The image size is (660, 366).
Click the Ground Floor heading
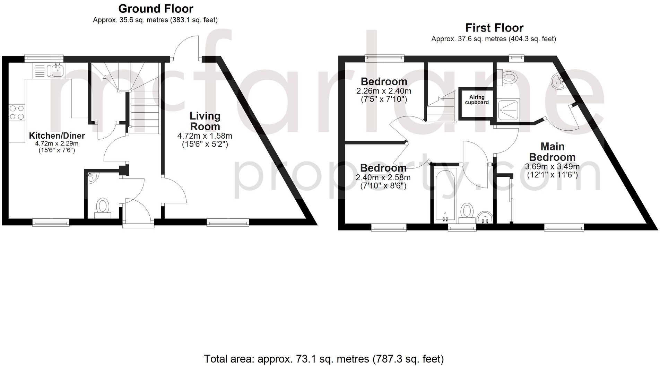(x=156, y=8)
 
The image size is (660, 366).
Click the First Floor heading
(x=494, y=27)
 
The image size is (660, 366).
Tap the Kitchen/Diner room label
(x=57, y=136)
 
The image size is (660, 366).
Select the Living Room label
(x=205, y=121)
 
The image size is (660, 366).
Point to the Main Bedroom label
(x=552, y=152)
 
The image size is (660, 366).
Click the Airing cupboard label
(x=477, y=100)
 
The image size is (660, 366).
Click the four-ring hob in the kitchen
(x=17, y=112)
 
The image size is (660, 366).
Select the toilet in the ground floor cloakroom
(x=103, y=207)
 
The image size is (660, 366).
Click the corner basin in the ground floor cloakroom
(x=92, y=177)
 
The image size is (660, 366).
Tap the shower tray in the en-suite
(x=509, y=110)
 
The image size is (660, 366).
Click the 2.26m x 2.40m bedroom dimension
(x=383, y=91)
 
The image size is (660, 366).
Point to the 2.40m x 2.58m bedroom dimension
(x=383, y=177)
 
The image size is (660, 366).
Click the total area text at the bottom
(x=324, y=359)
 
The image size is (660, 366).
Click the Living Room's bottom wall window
(x=228, y=222)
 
